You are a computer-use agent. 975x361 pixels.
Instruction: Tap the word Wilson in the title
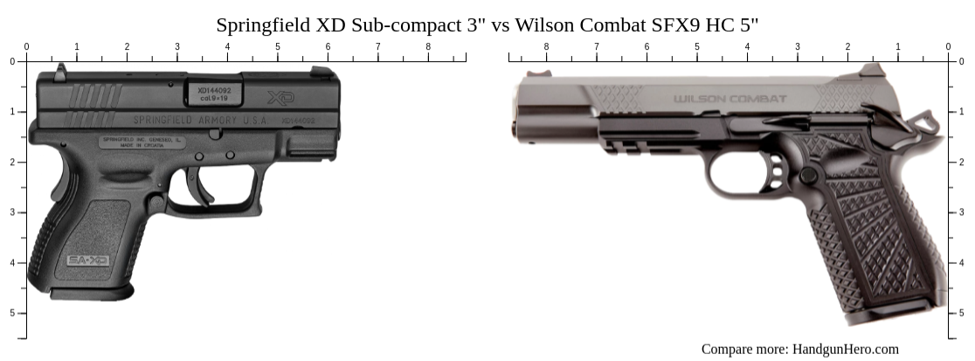tap(543, 24)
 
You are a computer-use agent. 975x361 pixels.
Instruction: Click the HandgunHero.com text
tap(845, 349)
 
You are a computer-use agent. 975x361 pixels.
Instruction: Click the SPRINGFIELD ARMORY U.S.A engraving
tap(200, 120)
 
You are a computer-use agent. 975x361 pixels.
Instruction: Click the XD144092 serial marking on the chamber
tap(214, 89)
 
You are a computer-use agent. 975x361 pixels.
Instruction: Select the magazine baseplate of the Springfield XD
tap(92, 291)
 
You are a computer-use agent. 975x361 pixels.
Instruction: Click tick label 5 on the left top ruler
tap(278, 46)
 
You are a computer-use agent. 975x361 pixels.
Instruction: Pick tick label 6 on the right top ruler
tap(647, 46)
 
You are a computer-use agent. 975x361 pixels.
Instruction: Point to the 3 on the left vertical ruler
tap(11, 212)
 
